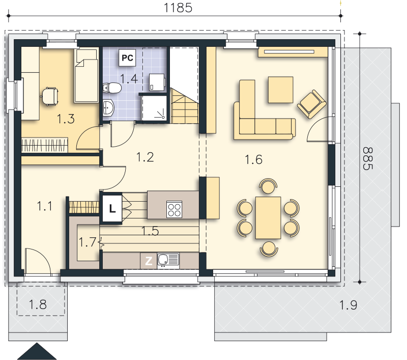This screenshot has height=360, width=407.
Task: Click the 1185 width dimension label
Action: tap(178, 8)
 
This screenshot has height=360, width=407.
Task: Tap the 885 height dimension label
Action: tap(367, 158)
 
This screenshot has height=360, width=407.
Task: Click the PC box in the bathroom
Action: tap(127, 58)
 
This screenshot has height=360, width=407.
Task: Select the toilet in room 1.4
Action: tap(112, 88)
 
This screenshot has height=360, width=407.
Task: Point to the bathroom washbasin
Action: tap(108, 107)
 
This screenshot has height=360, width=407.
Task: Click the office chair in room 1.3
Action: tap(49, 97)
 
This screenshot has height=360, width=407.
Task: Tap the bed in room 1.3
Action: tap(86, 75)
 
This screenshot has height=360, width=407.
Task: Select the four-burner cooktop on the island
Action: tap(174, 209)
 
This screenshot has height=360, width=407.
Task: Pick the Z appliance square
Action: tap(149, 261)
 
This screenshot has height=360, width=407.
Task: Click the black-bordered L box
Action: tap(112, 209)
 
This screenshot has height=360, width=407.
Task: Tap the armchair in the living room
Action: tap(311, 104)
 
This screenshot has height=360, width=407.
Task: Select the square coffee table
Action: tap(281, 90)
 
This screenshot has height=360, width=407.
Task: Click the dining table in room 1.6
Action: tap(268, 217)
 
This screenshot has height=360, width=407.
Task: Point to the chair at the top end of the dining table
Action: tap(268, 186)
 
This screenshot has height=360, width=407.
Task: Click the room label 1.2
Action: tap(145, 157)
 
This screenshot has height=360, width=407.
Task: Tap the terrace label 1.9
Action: tap(348, 304)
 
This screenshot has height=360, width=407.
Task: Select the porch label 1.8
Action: tap(38, 304)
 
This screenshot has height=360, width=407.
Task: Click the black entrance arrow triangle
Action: tap(37, 351)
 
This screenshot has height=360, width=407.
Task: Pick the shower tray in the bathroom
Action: tap(155, 108)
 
